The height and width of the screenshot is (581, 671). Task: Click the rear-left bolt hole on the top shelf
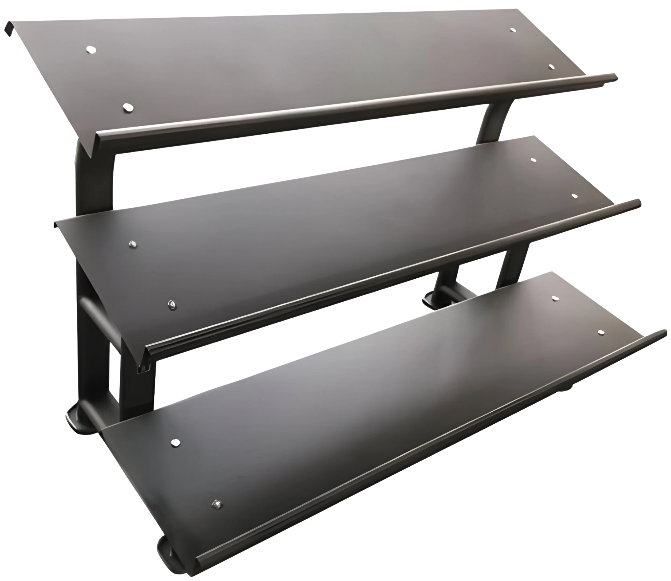91,50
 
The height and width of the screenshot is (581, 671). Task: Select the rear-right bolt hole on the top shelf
512,30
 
